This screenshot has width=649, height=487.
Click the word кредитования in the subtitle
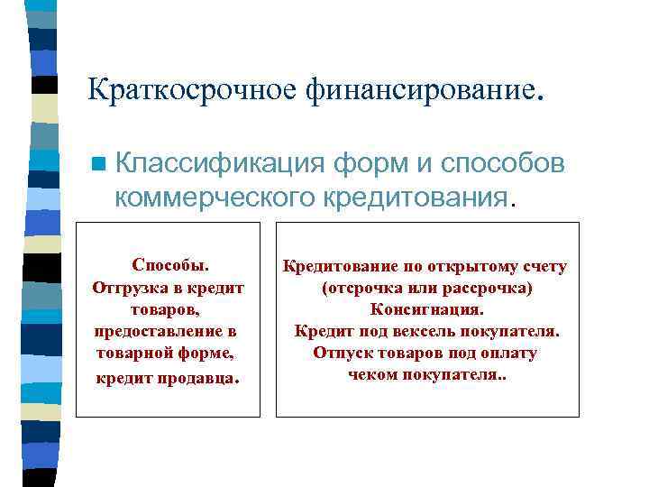click(418, 195)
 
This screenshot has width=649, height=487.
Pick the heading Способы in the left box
click(168, 265)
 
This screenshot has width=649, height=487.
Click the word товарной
click(133, 353)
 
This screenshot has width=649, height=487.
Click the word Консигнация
click(426, 309)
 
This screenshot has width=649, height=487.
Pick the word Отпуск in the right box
click(341, 353)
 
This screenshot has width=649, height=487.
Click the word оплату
click(509, 353)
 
